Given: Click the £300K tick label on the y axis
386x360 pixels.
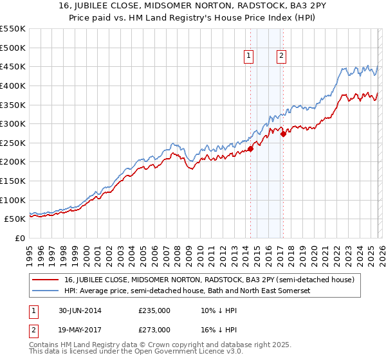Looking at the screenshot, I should [x=13, y=123].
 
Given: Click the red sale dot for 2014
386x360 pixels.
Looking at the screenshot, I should [x=250, y=148].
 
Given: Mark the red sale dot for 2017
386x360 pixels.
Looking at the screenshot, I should [x=283, y=134].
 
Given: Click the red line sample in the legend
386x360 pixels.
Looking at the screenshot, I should [x=46, y=280].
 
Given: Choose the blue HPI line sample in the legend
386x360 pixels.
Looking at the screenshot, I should [x=46, y=291].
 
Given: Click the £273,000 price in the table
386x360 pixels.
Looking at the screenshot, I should [x=154, y=329].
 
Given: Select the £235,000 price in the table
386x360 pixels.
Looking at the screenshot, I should [x=154, y=310].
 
